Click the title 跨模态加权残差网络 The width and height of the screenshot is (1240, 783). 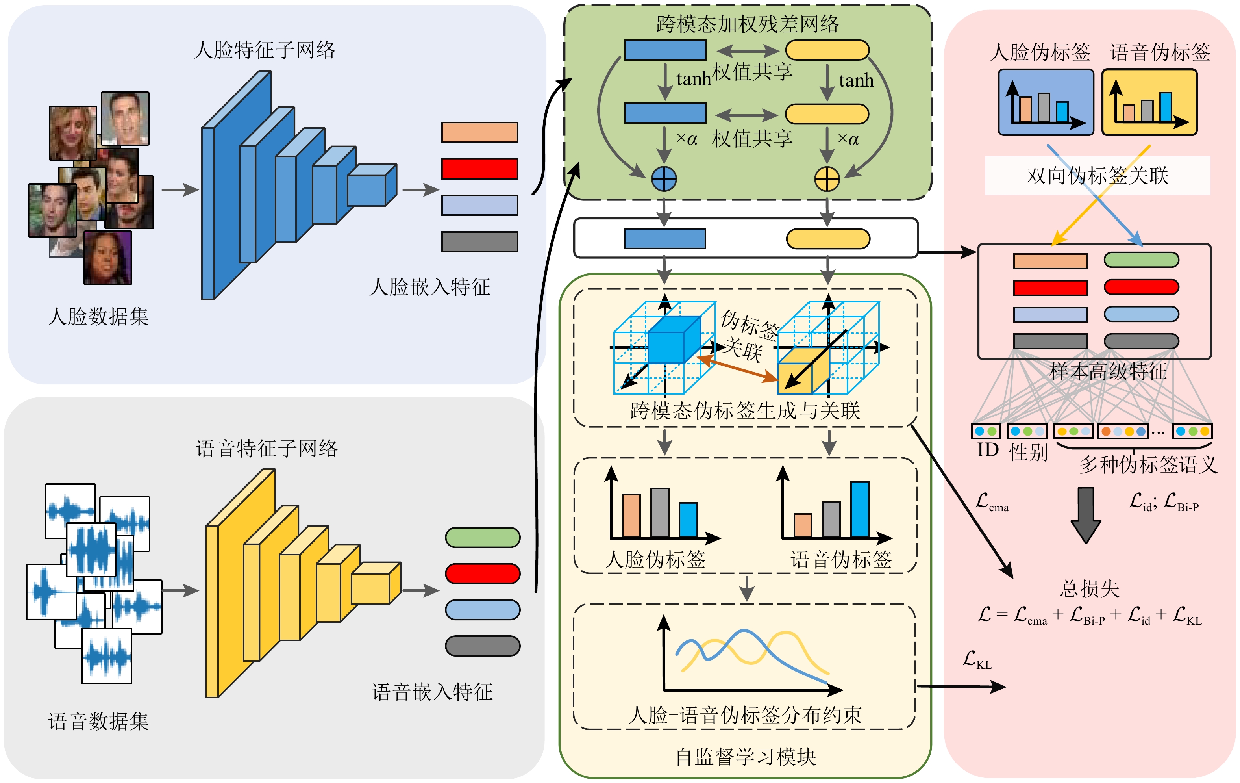[x=747, y=24]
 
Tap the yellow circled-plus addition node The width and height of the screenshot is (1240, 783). [x=827, y=179]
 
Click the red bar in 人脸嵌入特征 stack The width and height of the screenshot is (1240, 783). [x=479, y=169]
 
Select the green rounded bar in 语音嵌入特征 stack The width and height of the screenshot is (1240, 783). [x=483, y=537]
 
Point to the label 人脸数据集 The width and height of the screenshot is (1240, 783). [x=98, y=316]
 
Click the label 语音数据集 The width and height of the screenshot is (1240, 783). [x=98, y=721]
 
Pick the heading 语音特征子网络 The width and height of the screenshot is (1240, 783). [x=267, y=449]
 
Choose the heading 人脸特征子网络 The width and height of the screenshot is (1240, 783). [x=264, y=50]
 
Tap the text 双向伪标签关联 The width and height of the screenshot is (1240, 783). [x=1097, y=176]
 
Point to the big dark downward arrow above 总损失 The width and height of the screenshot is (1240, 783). [x=1086, y=515]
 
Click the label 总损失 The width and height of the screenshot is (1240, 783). [x=1090, y=588]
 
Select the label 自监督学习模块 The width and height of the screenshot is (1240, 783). [x=746, y=757]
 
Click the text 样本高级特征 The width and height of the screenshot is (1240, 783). [x=1108, y=371]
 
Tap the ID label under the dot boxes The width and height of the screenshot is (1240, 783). [x=988, y=450]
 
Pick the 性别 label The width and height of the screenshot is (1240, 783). [x=1028, y=452]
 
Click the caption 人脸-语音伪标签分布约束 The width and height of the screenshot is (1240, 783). [x=745, y=715]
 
